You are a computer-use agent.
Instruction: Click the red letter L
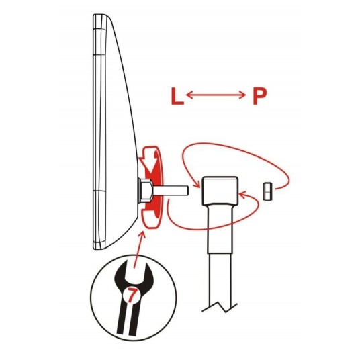pos(177,96)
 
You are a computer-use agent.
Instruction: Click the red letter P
pos(259,96)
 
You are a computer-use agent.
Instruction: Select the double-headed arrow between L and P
pos(216,95)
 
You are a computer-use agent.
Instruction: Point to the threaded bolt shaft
pos(170,191)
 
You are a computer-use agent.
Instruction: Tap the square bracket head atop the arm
pos(220,191)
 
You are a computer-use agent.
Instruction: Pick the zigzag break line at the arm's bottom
pos(220,308)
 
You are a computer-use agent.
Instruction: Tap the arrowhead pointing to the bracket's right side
pos(243,196)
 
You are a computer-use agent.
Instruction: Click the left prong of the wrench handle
pos(121,318)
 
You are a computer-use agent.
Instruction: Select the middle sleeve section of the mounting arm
pos(220,229)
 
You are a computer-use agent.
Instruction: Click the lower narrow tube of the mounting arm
pos(220,280)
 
